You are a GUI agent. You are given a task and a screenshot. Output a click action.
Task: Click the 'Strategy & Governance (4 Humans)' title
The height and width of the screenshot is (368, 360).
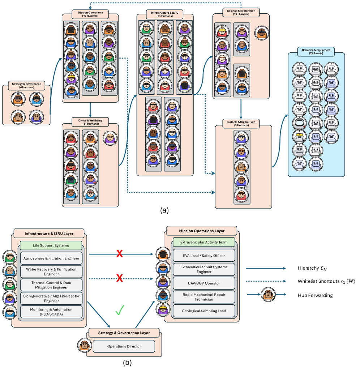click(x=26, y=85)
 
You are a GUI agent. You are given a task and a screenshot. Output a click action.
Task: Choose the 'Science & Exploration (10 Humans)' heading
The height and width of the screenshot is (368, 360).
click(x=241, y=13)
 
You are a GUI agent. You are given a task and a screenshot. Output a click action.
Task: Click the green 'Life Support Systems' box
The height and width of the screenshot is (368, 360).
click(x=51, y=245)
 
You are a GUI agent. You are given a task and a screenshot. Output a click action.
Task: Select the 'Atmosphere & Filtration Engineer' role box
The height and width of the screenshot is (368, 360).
click(x=51, y=258)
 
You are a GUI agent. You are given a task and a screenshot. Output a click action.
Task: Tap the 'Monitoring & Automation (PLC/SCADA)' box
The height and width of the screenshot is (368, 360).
click(x=51, y=312)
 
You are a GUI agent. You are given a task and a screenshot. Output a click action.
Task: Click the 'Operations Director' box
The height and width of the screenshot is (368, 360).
click(x=124, y=346)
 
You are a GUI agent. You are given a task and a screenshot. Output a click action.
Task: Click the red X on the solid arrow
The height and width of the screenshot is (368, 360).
click(x=119, y=254)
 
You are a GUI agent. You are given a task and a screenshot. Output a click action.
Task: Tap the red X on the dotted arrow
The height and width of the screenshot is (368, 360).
click(x=119, y=279)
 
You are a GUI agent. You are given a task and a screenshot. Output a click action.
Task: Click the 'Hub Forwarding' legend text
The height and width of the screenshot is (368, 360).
click(x=315, y=295)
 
